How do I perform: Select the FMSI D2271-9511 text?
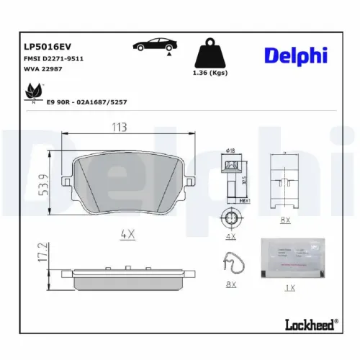click(x=45, y=58)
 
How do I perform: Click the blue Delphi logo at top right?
click(x=295, y=55)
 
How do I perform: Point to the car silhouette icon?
click(x=153, y=46)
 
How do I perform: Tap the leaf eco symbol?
click(x=32, y=91)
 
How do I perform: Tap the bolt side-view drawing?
click(x=230, y=180)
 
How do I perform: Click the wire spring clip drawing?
click(x=233, y=266)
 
